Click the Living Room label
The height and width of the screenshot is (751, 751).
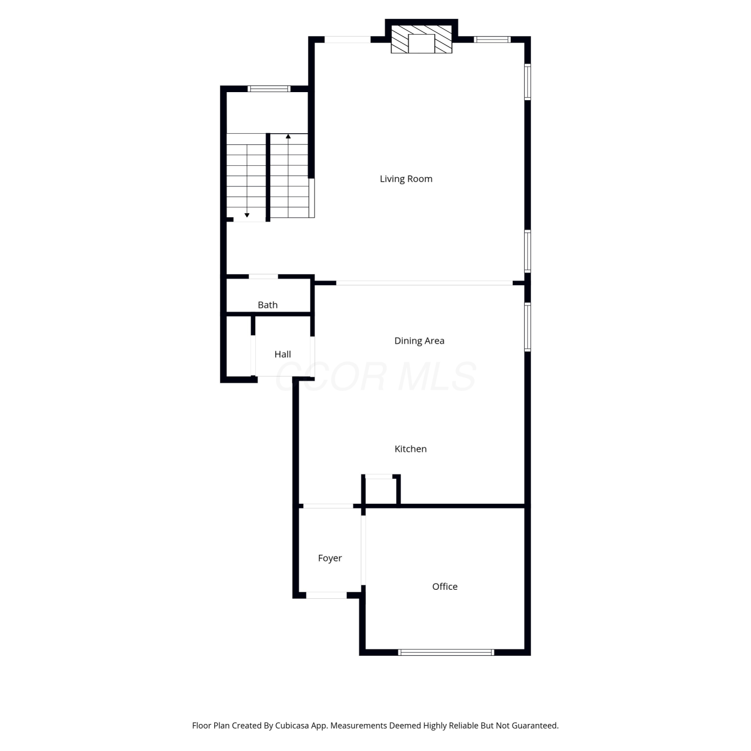(406, 179)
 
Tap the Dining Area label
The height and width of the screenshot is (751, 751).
(420, 341)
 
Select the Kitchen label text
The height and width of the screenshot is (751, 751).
(411, 449)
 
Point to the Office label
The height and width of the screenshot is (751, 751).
(445, 586)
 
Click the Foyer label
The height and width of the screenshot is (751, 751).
(330, 558)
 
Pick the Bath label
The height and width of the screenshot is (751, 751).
(268, 305)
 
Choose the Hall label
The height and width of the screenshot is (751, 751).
(283, 354)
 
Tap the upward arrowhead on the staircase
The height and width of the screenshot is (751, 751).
(288, 136)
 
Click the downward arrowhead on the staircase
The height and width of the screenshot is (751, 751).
(247, 215)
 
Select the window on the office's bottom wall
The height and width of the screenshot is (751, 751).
(446, 652)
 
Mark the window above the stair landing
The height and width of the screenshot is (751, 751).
(269, 89)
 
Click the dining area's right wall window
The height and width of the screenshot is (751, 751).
(528, 326)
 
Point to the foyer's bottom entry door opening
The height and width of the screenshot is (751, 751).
(326, 595)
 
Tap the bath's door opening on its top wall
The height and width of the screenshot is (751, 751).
(263, 276)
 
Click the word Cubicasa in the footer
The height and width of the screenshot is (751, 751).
(292, 725)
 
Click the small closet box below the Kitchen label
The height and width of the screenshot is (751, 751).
(381, 490)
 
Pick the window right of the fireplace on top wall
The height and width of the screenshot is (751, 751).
(492, 40)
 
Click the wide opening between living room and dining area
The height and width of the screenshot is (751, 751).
(424, 283)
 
